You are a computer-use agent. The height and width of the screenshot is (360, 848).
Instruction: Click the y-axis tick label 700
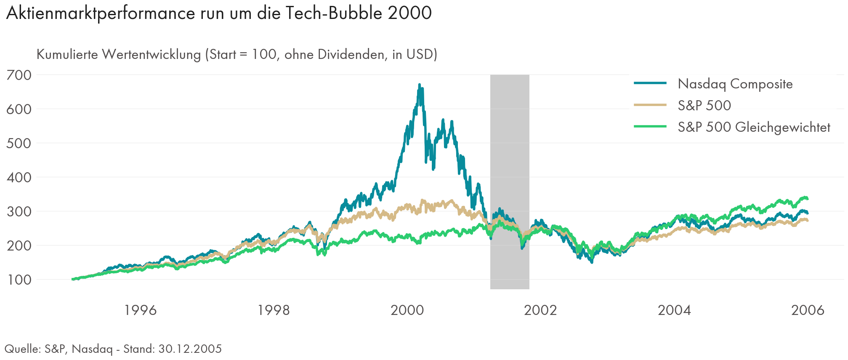point(19,75)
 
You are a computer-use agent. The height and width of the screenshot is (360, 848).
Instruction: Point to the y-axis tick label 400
point(19,177)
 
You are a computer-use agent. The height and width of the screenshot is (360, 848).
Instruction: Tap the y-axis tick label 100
point(19,280)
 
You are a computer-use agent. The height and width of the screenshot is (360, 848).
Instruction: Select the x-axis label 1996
point(141,310)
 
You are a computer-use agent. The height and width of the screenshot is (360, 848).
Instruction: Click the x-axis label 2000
point(407,310)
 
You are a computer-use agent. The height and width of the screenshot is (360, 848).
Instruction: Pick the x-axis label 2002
point(540,310)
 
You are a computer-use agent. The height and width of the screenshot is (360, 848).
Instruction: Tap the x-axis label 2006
point(808,310)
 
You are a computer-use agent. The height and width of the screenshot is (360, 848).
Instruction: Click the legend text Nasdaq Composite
point(735,84)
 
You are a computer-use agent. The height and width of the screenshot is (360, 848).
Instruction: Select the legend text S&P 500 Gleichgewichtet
point(754,127)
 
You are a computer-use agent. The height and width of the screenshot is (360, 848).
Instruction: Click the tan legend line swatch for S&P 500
point(650,105)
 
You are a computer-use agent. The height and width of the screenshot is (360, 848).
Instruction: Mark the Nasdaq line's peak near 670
point(419,85)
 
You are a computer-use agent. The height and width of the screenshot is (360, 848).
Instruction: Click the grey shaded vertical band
point(509,181)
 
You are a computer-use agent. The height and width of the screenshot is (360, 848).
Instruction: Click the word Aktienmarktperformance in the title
point(101,13)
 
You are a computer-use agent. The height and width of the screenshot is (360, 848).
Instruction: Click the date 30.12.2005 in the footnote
point(190,349)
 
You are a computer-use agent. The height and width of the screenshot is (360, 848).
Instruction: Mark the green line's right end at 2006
point(807,198)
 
